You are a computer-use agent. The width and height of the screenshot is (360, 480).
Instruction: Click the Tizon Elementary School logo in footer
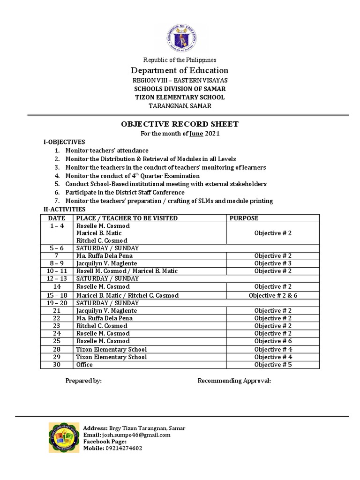pos(64,437)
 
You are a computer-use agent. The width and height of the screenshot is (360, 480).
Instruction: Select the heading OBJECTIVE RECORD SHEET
pos(180,124)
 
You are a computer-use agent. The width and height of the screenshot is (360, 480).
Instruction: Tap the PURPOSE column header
pos(243,218)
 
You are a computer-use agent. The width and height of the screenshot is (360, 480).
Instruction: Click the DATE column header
pos(57,218)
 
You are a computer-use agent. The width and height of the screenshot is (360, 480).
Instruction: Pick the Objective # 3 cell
pos(273,263)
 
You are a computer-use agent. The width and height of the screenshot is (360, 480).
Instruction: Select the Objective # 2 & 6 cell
pos(273,295)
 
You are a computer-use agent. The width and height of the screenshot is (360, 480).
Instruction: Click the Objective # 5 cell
pos(273,365)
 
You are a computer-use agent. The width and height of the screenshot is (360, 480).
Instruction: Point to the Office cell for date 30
pos(84,365)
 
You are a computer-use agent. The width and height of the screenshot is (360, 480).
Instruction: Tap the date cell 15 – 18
pos(57,295)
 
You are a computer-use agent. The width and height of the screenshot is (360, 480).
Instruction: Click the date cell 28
pos(57,349)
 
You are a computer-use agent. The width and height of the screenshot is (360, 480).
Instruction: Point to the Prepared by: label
pos(83,381)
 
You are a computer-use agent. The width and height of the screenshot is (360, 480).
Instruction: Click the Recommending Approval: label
pos(234,381)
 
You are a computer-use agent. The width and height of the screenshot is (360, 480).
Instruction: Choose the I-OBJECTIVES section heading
pos(64,142)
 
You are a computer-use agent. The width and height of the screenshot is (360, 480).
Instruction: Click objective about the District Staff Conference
pos(125,193)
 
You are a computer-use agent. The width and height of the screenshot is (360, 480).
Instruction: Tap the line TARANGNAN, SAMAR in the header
pos(180,106)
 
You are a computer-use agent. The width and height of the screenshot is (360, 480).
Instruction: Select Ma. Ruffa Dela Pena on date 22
pos(104,318)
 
